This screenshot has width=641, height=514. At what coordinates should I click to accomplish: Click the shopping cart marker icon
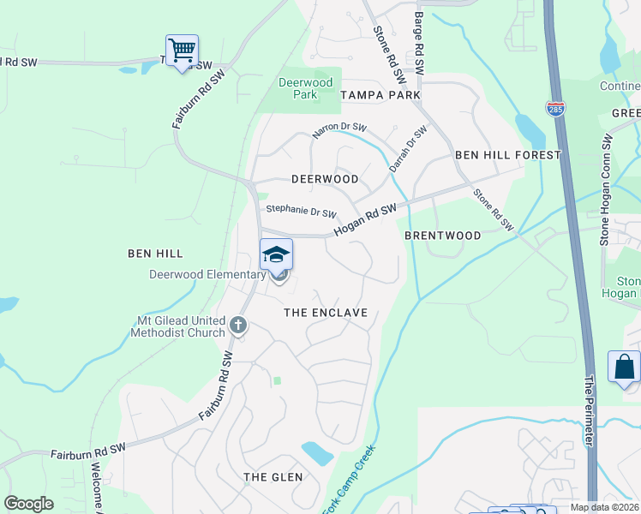coord(182,51)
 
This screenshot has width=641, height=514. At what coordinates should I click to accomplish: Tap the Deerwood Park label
coord(297,88)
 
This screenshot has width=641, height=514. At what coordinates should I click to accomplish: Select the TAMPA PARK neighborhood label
coord(380,94)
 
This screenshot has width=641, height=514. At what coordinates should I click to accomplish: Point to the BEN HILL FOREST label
coord(507,155)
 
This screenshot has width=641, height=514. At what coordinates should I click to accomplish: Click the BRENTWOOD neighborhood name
coord(442,235)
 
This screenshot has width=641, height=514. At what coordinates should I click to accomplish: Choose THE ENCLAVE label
coord(326,313)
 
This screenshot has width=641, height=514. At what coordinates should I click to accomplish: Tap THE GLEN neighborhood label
coord(273,476)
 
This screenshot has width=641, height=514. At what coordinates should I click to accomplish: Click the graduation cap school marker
coord(276,254)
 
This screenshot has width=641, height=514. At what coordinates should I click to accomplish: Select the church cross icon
coord(238,326)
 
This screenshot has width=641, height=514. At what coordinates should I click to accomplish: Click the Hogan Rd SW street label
coord(365,222)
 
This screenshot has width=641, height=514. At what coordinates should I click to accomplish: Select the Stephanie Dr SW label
coord(301,209)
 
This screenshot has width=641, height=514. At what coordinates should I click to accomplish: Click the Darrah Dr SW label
coord(407,149)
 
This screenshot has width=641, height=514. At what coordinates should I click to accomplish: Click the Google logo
coord(28,504)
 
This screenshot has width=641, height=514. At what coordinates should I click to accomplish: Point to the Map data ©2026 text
coord(604,507)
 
